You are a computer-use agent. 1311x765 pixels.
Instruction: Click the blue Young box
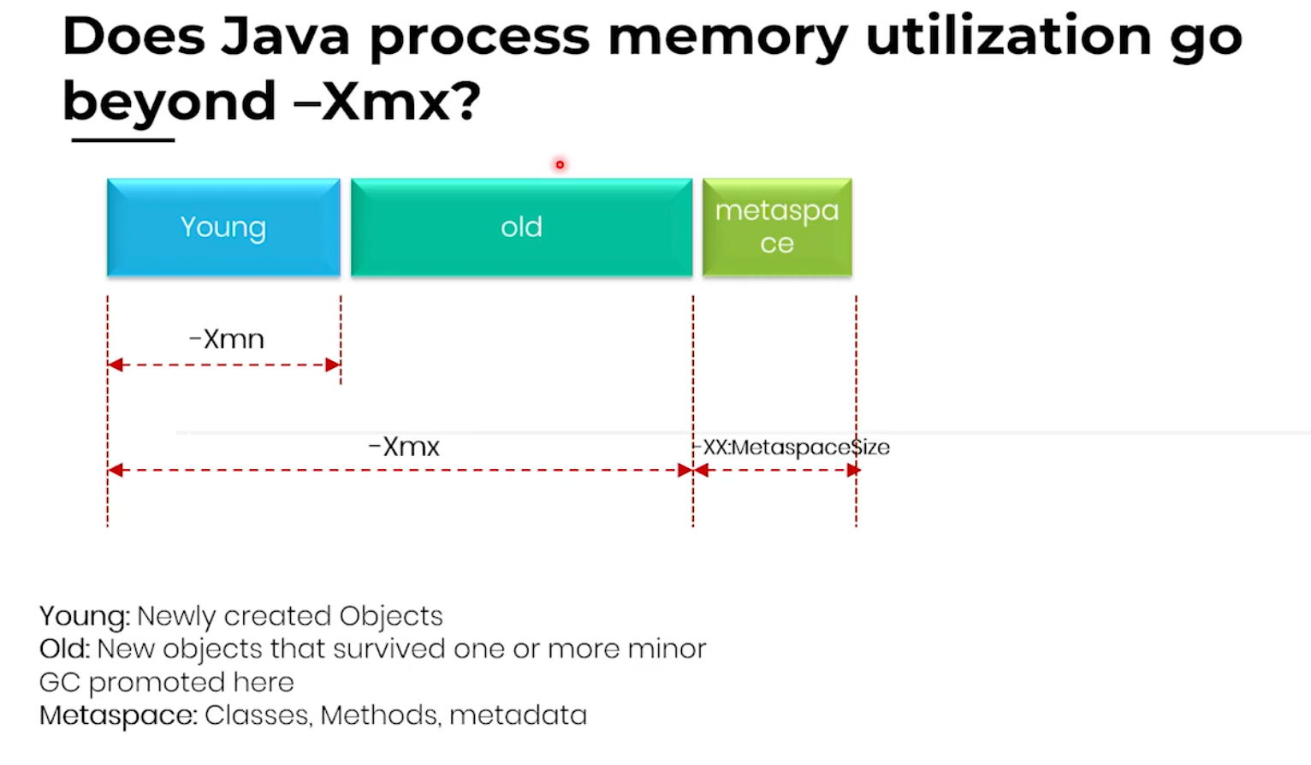223,228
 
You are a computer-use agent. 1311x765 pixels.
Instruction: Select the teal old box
521,228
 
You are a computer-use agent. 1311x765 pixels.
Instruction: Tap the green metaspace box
777,228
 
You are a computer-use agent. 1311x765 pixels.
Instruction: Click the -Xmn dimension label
227,340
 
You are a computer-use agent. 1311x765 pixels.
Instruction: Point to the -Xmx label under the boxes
404,447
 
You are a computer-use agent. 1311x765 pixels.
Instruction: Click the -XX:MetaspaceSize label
792,448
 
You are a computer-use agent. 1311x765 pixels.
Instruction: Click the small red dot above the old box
560,164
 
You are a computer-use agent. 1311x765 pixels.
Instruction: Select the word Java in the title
285,38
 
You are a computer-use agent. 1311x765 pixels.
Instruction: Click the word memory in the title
727,38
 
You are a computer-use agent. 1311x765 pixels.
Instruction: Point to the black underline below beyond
123,139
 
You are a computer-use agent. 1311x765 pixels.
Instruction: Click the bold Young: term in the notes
85,616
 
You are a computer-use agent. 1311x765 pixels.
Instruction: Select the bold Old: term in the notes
64,649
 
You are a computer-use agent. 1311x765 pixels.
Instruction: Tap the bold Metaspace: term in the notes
118,715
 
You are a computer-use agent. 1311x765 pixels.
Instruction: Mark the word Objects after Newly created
390,616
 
